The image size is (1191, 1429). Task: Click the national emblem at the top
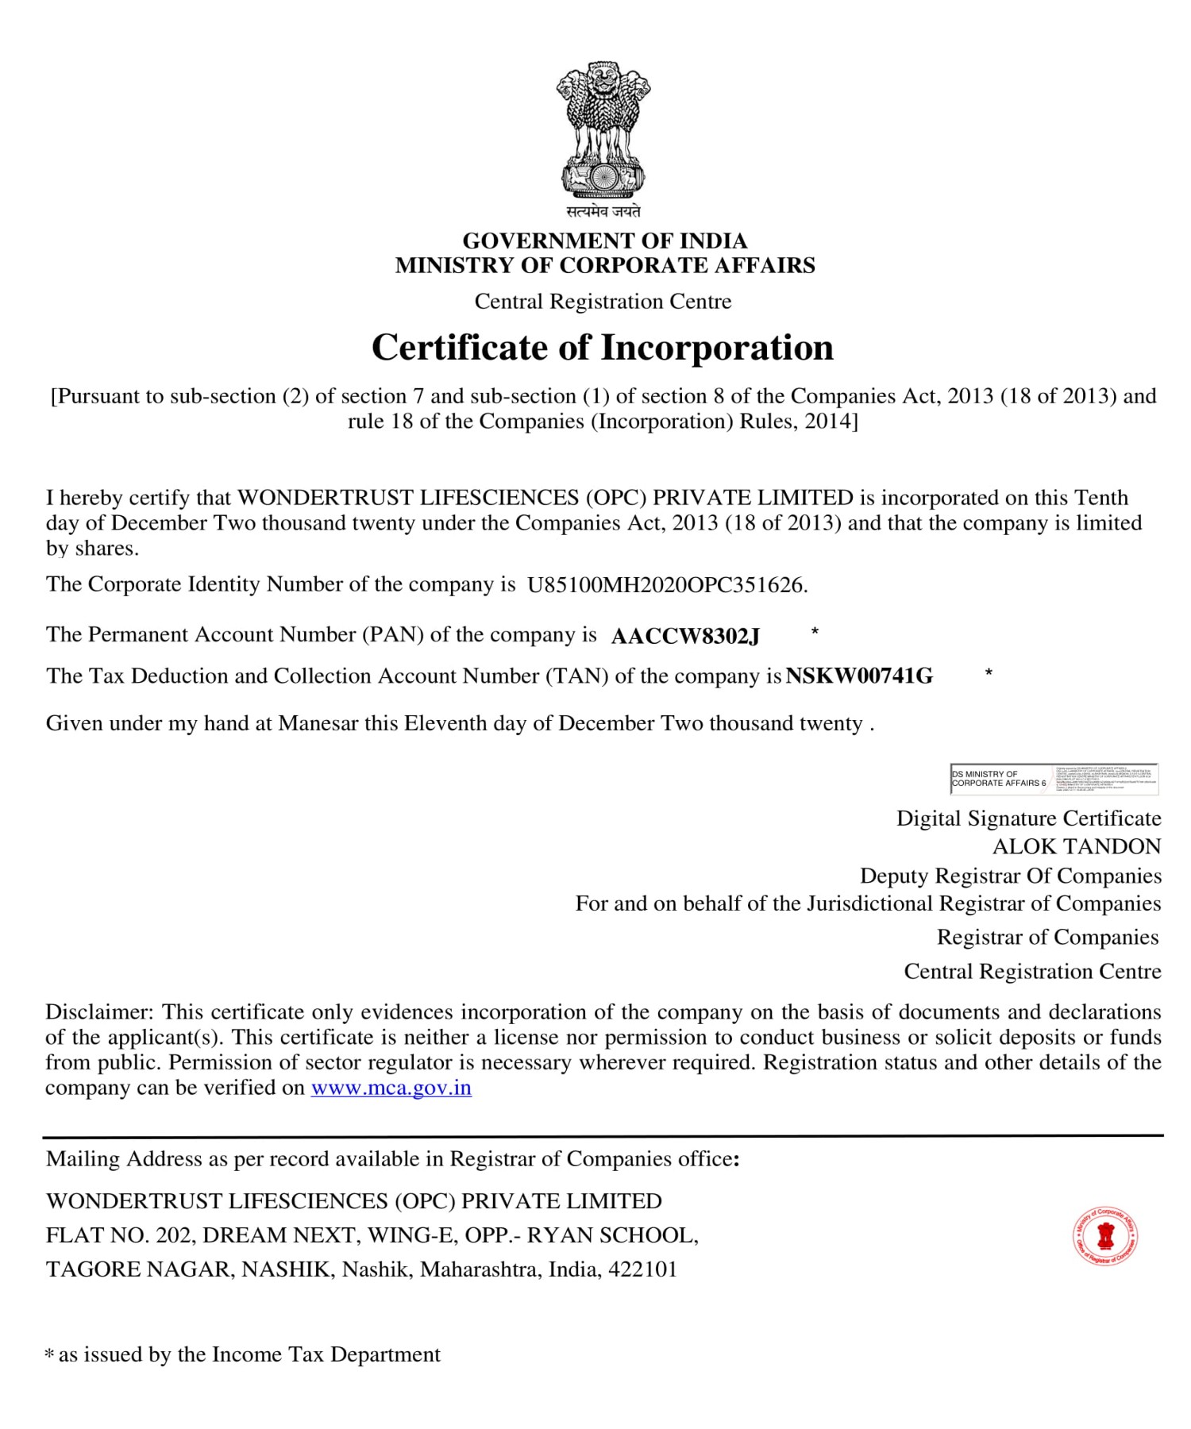point(603,130)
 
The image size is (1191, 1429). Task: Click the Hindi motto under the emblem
point(603,211)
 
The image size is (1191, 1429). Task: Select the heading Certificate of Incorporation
point(603,348)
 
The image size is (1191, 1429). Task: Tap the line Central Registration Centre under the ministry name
point(603,302)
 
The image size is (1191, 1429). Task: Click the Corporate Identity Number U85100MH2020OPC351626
point(667,585)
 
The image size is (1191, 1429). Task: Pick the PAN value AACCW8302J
point(685,636)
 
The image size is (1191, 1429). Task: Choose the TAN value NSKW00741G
point(859,676)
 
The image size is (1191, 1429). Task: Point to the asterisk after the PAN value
point(815,632)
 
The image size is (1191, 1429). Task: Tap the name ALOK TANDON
point(1076,847)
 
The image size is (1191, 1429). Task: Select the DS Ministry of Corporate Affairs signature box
point(1054,779)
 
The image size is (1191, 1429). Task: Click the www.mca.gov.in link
point(391,1088)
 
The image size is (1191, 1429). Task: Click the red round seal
point(1105,1236)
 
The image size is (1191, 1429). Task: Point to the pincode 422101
point(642,1269)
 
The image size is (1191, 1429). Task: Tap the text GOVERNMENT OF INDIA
point(604,241)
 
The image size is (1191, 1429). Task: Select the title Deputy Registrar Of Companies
point(1010,876)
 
